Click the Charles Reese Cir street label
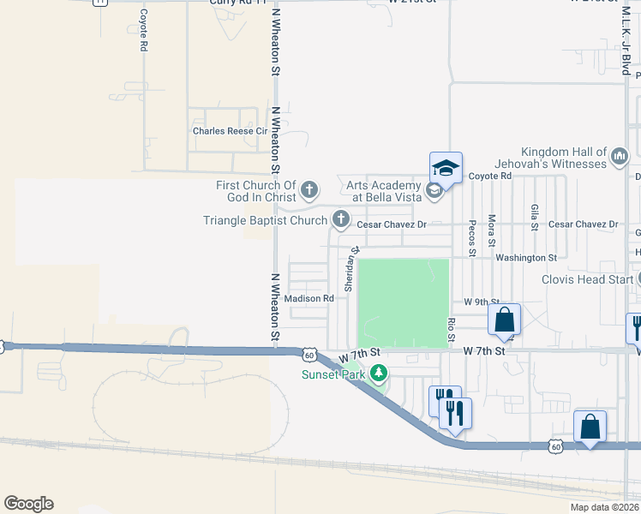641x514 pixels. tap(225, 131)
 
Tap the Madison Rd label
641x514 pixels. tap(309, 298)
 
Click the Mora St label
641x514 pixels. tap(492, 230)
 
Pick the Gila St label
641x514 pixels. tap(535, 218)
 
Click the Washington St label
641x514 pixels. tap(526, 257)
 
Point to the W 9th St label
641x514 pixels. tap(482, 302)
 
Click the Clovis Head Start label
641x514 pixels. tap(586, 279)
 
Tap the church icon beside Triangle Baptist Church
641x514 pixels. tap(341, 220)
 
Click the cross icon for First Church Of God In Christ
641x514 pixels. tap(309, 189)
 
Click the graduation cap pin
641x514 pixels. tap(446, 167)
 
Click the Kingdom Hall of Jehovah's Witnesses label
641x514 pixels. tap(551, 157)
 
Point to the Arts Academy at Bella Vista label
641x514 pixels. tap(384, 190)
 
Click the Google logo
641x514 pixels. tap(28, 504)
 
